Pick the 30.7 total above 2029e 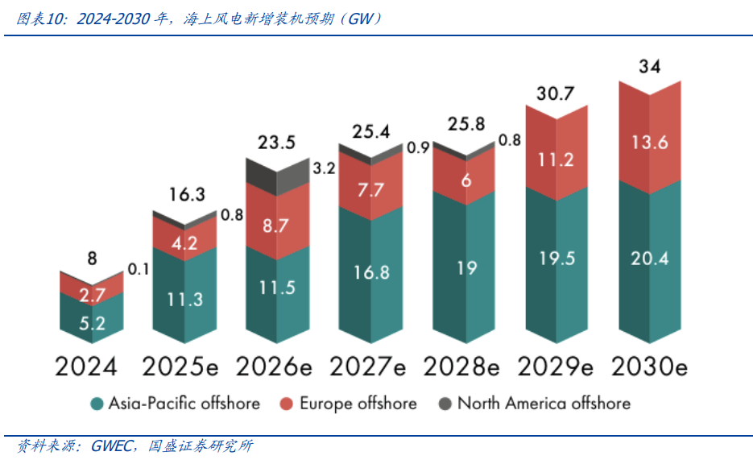tap(556, 93)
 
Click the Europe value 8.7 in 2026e tap(277, 226)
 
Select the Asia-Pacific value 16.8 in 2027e tap(370, 271)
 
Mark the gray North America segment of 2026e tap(277, 173)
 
